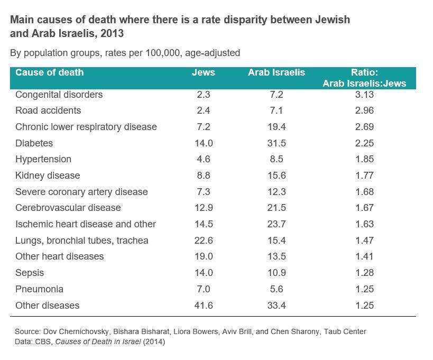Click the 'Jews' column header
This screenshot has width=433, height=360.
tap(203, 72)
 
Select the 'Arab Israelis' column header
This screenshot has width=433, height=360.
tap(277, 72)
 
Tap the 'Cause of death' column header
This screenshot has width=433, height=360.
tap(49, 72)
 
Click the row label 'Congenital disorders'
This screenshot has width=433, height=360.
tap(59, 95)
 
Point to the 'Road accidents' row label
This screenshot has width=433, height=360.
tap(48, 110)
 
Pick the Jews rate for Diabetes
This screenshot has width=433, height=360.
tap(203, 143)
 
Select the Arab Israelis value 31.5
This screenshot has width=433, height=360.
tap(276, 143)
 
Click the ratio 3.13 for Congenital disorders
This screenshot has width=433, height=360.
tap(364, 95)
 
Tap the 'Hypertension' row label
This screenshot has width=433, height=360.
tap(43, 159)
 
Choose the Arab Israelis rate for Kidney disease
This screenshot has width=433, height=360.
tap(276, 176)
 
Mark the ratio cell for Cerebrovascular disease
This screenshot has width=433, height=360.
tap(364, 208)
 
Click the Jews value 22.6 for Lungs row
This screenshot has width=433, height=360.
tap(203, 241)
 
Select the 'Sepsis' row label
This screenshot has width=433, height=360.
tap(30, 273)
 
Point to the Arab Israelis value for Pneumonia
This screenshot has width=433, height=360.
tap(276, 289)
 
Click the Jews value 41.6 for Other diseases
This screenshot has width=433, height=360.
tap(203, 306)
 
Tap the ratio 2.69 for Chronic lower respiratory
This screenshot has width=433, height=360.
tap(364, 127)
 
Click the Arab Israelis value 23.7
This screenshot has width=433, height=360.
tap(276, 224)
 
